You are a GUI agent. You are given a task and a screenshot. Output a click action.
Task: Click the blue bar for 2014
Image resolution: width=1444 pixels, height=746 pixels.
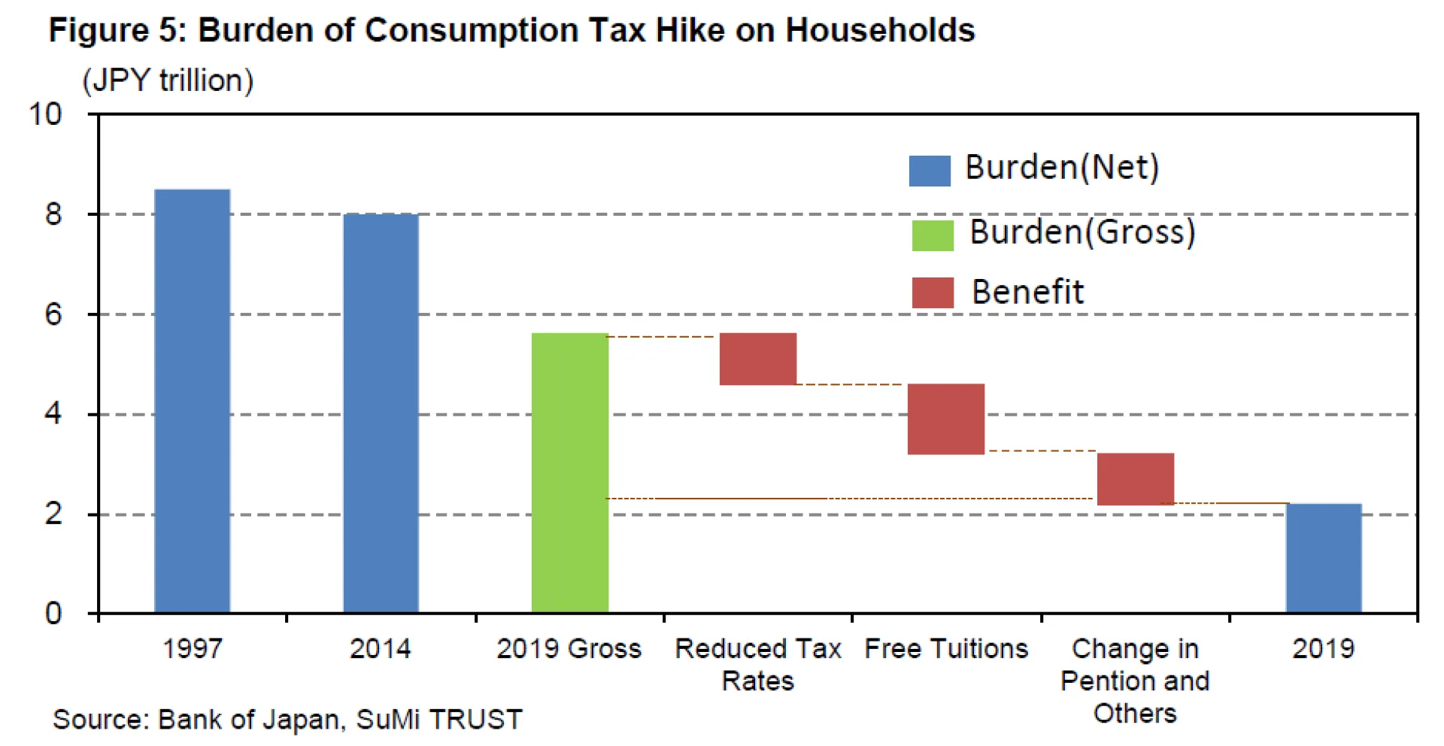pyautogui.click(x=381, y=413)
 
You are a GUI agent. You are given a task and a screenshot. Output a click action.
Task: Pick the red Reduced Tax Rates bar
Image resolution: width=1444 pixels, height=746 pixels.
pyautogui.click(x=757, y=359)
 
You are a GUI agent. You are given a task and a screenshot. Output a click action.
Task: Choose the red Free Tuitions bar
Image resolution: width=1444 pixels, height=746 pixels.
pyautogui.click(x=945, y=419)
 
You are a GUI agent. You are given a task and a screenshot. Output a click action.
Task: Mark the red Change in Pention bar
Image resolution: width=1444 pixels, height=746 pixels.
pyautogui.click(x=1135, y=479)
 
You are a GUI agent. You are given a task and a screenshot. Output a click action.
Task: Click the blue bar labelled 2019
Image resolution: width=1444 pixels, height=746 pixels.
pyautogui.click(x=1324, y=558)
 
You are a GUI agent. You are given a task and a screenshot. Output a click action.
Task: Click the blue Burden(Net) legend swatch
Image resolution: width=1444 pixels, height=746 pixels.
pyautogui.click(x=930, y=171)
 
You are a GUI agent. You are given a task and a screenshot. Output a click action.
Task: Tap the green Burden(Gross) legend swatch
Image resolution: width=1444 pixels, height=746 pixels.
pyautogui.click(x=933, y=235)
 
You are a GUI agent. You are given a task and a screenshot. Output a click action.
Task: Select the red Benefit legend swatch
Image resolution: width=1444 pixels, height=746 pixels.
pyautogui.click(x=933, y=293)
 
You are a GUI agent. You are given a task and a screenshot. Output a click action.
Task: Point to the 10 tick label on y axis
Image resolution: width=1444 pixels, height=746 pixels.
pyautogui.click(x=45, y=114)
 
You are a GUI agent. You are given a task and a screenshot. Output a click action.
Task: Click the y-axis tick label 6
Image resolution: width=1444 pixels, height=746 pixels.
pyautogui.click(x=53, y=314)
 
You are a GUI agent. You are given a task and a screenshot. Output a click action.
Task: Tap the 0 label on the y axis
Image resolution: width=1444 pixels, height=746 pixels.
pyautogui.click(x=53, y=614)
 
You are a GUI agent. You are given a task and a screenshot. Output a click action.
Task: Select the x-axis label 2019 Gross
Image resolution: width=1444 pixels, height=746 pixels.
pyautogui.click(x=569, y=648)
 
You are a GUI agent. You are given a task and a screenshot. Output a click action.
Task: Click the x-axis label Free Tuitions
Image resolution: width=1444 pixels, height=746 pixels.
pyautogui.click(x=946, y=648)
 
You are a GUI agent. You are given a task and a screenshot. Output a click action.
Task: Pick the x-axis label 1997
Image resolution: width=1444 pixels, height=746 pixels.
pyautogui.click(x=193, y=648)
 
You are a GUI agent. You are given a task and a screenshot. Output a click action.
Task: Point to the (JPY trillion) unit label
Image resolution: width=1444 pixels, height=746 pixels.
pyautogui.click(x=168, y=80)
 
